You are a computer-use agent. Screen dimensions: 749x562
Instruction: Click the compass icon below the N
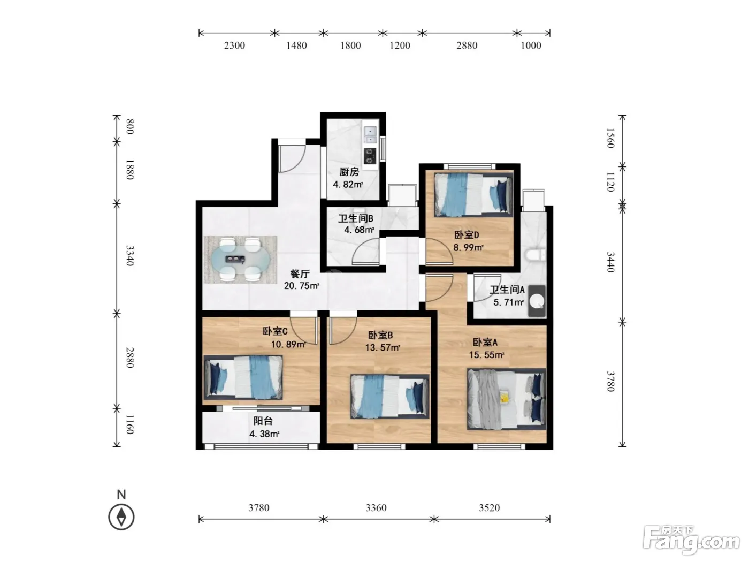(121, 517)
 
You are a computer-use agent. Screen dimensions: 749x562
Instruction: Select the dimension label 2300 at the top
(234, 45)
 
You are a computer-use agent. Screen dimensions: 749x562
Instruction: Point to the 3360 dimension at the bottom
(376, 508)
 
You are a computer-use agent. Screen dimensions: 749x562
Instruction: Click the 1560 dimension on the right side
(610, 138)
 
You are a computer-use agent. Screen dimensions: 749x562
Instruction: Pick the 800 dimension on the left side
(130, 127)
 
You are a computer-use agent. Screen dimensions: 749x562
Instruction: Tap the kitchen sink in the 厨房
(370, 134)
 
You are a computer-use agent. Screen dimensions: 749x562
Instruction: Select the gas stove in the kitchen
(370, 156)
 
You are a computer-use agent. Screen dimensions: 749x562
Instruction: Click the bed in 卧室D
(473, 194)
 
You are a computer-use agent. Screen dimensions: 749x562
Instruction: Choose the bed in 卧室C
(243, 377)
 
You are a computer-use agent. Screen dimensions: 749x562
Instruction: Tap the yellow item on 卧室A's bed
(505, 397)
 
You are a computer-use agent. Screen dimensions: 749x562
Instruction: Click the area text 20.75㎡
(301, 286)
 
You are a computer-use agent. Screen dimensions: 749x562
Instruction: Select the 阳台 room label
(263, 421)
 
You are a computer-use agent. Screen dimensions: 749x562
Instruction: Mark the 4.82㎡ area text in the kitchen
(348, 185)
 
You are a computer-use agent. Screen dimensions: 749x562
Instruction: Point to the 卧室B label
(380, 335)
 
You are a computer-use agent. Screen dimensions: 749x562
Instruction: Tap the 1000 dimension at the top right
(531, 45)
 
